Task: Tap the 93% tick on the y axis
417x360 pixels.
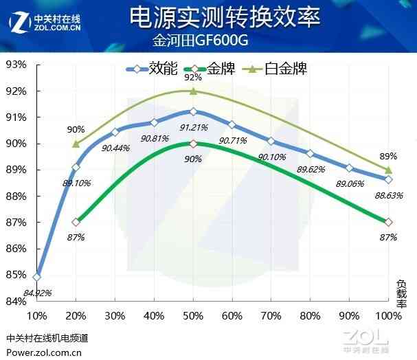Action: click(x=16, y=65)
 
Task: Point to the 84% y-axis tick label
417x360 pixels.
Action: click(x=16, y=302)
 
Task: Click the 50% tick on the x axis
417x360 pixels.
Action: click(x=193, y=315)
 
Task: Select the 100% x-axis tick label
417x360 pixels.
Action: click(x=388, y=315)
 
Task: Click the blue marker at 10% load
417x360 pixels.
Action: click(x=37, y=277)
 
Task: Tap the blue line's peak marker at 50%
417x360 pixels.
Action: click(x=193, y=111)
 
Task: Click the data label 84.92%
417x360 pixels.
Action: click(x=38, y=293)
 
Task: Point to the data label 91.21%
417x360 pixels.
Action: click(x=194, y=127)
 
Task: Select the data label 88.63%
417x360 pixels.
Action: click(x=389, y=195)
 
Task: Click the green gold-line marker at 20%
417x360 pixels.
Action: click(x=76, y=222)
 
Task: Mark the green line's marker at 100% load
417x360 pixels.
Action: click(x=389, y=222)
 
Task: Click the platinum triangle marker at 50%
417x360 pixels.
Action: click(x=193, y=91)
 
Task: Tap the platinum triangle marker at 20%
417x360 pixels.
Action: click(x=76, y=144)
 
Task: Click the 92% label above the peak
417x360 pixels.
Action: click(x=193, y=78)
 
